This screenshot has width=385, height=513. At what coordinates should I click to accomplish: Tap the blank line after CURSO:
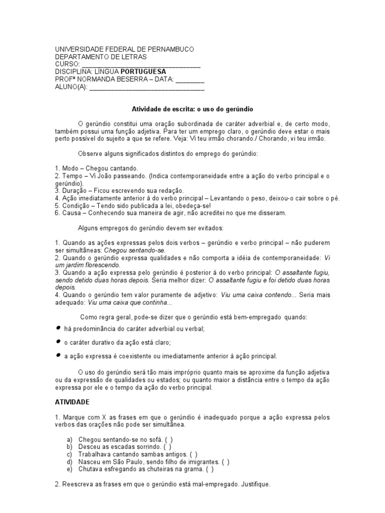[x=141, y=65]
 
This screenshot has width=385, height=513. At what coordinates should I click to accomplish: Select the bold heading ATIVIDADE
[x=72, y=402]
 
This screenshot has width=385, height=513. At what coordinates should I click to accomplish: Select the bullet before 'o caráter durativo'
[x=58, y=342]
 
